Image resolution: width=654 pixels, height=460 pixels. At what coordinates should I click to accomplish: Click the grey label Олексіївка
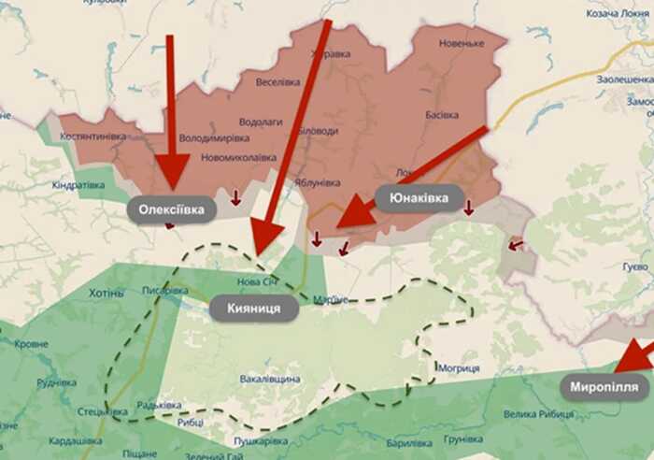[x=171, y=209]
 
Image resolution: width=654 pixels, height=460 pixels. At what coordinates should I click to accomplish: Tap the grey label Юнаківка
[x=419, y=198]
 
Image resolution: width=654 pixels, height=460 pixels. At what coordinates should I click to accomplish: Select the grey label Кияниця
[x=253, y=308]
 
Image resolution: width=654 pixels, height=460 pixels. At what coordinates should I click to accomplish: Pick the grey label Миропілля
[x=604, y=385]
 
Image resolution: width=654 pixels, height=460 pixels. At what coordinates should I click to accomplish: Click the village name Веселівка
[x=277, y=82]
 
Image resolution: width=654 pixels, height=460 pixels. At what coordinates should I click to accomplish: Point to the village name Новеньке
[x=461, y=44]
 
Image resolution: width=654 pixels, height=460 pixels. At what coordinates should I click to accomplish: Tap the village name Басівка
[x=442, y=115]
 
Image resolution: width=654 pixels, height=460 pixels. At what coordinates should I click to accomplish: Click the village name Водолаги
[x=261, y=122]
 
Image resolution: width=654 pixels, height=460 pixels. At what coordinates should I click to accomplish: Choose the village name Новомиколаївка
[x=239, y=157]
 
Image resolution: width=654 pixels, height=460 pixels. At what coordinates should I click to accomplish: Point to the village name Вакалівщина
[x=270, y=379]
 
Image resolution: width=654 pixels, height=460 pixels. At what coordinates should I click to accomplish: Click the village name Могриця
[x=459, y=368]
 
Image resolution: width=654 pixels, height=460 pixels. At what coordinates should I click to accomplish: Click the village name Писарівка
[x=165, y=291]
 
